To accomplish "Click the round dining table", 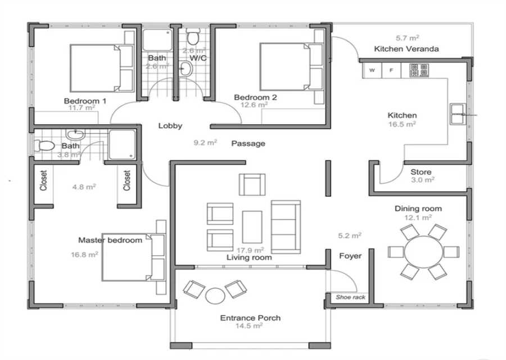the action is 423,252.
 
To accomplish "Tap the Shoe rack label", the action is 350,297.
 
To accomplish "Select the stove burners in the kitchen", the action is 419,70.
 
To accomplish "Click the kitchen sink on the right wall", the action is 458,114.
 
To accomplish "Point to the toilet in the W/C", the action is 193,37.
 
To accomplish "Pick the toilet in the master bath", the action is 44,146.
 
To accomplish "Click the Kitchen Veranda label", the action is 406,49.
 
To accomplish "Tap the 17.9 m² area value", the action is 250,250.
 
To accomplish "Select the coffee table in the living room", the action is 252,227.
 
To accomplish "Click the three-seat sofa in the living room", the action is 286,227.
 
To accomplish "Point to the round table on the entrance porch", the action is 215,295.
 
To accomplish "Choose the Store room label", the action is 421,172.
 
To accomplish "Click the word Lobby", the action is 170,125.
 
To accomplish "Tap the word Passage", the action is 248,143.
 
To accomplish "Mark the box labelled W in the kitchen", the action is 372,70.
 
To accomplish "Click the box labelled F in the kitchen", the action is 391,70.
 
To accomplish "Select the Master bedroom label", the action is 110,240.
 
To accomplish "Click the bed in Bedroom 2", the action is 291,67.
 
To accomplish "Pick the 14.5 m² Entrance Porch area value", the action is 249,326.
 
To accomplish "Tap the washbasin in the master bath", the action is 75,134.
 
